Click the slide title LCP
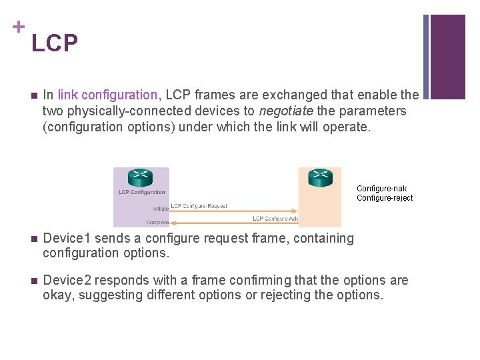tap(55, 43)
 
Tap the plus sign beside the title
tap(18, 27)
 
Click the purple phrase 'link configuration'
tap(107, 95)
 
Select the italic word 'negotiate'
tap(285, 111)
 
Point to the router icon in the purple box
tap(141, 178)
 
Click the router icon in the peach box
tap(320, 178)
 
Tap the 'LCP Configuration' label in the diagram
tap(141, 193)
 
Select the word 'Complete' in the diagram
tap(157, 222)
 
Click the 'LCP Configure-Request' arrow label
tap(199, 206)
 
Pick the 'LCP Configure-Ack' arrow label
tap(275, 219)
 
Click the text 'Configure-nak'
tap(381, 189)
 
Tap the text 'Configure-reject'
tap(385, 198)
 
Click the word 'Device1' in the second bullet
tap(65, 239)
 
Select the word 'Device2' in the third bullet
tap(65, 281)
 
